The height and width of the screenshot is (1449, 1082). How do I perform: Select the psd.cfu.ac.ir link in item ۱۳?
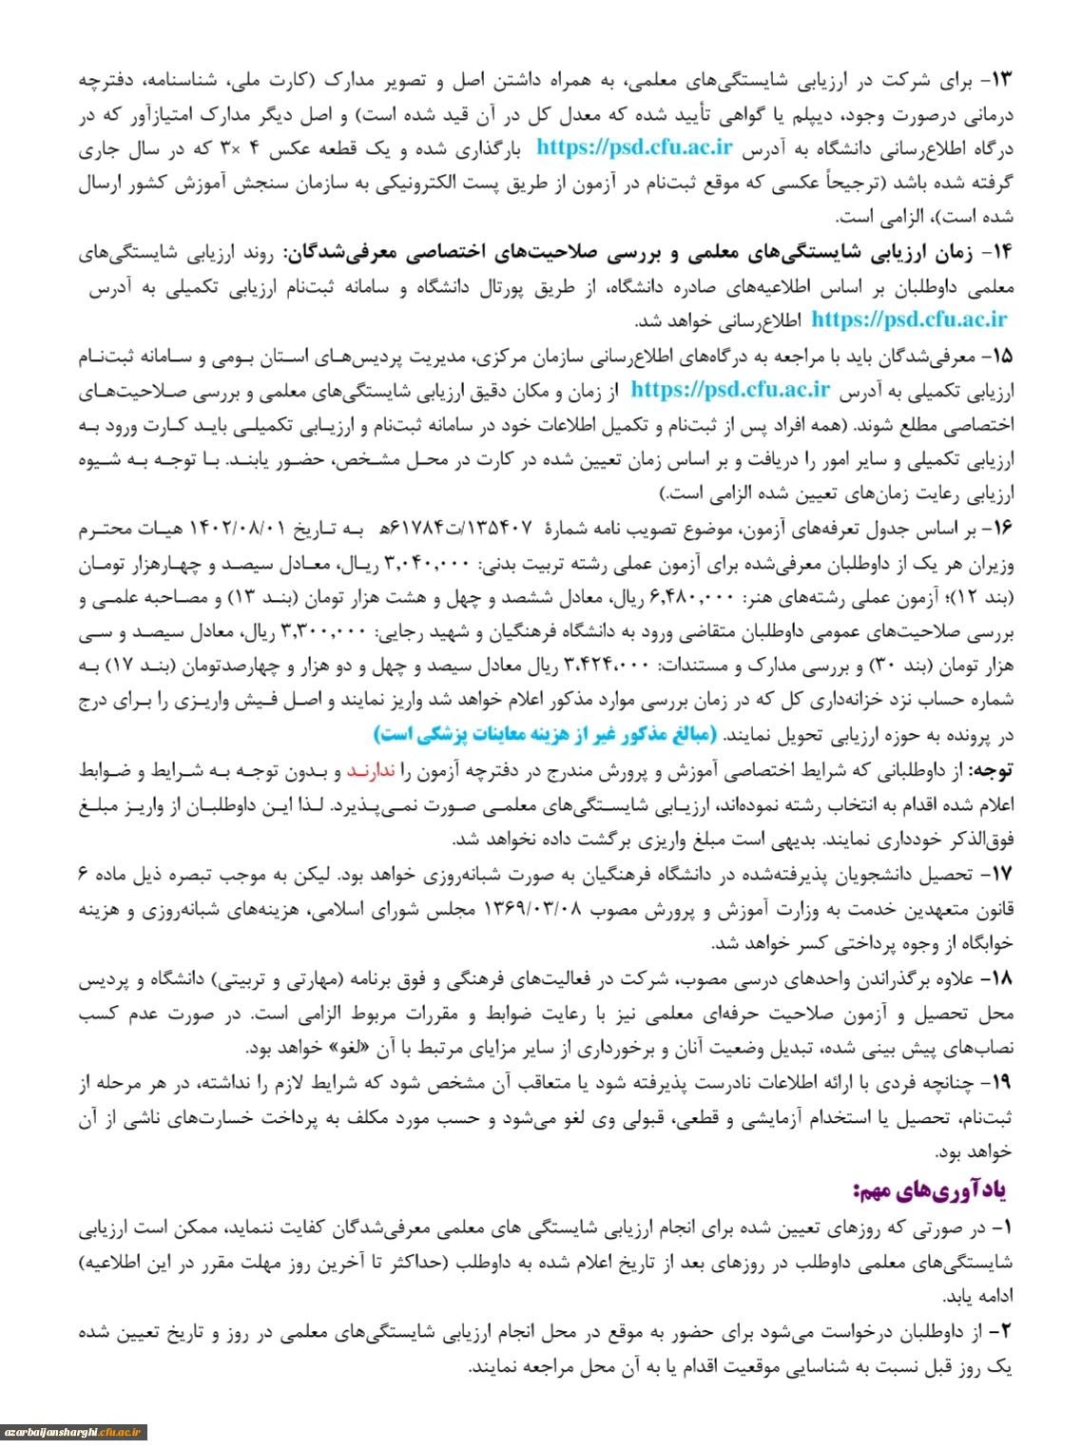pyautogui.click(x=634, y=147)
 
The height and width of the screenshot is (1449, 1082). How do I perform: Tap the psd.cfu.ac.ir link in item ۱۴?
pyautogui.click(x=908, y=319)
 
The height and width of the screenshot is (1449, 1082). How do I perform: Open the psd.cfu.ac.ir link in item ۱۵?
pyautogui.click(x=729, y=389)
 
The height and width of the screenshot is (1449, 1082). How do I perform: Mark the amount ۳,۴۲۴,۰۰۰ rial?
pyautogui.click(x=607, y=666)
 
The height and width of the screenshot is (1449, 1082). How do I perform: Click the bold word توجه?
pyautogui.click(x=991, y=770)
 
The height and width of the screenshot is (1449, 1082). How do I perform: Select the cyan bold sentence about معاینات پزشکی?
pyautogui.click(x=547, y=734)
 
